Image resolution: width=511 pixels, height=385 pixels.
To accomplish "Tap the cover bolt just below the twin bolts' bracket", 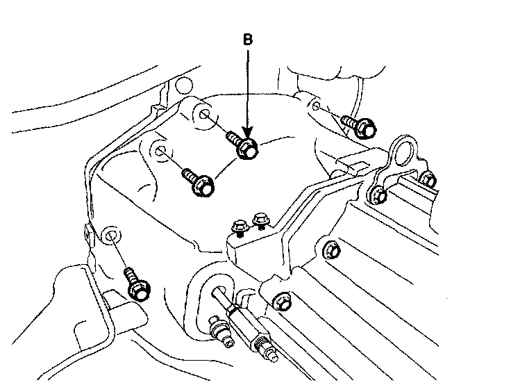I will (x=332, y=249).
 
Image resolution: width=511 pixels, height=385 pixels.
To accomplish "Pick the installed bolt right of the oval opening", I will (x=282, y=301).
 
